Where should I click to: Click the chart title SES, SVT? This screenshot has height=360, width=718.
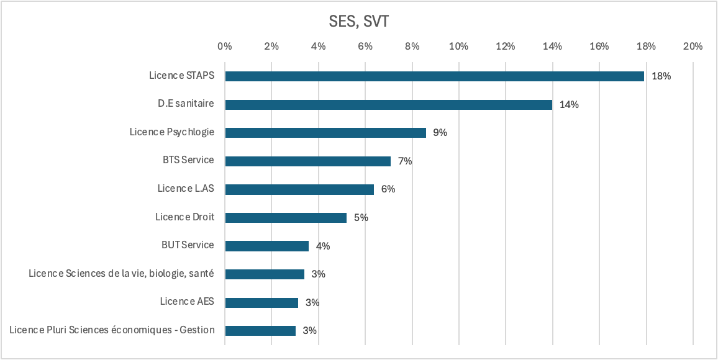coord(358,22)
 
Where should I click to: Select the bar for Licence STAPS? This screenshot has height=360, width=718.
coord(434,76)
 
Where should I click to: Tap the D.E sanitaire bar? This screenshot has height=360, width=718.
coord(388,104)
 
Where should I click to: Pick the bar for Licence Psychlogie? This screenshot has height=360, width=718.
coord(325,132)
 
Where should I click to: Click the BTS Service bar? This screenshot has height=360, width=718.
coord(307,161)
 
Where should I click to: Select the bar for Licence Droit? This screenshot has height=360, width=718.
coord(286,217)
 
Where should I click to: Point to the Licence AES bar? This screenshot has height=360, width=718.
coord(261,302)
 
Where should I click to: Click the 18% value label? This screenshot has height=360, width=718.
coord(661,76)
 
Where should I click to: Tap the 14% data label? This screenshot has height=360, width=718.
coord(569,104)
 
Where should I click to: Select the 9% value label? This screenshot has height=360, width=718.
coord(440,133)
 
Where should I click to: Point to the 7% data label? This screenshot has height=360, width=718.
coord(405,161)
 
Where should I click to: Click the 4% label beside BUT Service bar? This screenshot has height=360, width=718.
coord(323,246)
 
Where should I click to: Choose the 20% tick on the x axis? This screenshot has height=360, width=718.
coord(693,46)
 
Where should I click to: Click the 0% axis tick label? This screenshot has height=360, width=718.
coord(225,46)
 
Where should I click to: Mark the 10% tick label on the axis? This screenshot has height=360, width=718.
coord(458,46)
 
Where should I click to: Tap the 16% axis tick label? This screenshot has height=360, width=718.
coord(599,46)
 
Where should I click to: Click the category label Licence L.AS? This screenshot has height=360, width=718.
coord(185,188)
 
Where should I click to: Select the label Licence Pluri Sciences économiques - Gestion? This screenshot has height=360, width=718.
coord(112,330)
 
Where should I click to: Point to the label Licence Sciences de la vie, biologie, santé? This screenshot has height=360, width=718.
coord(121,273)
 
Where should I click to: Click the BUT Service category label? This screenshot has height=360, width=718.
coord(187,245)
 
